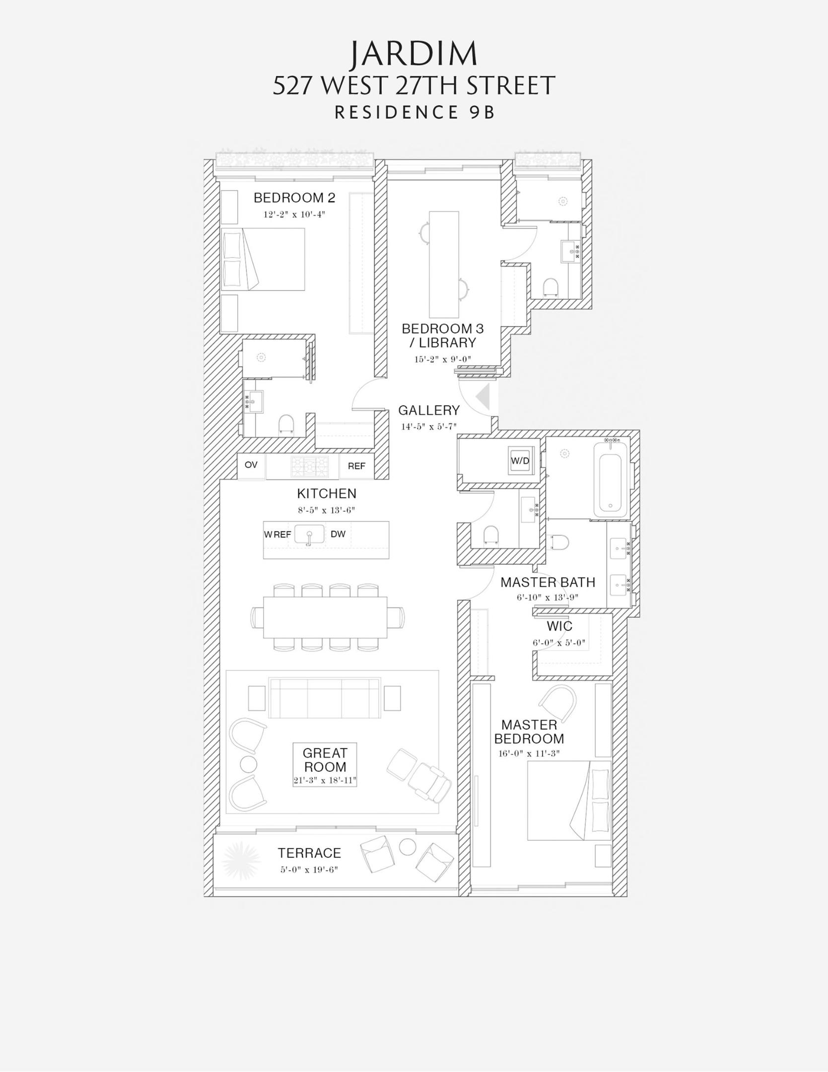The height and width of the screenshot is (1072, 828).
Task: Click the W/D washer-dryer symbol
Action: pos(520,460)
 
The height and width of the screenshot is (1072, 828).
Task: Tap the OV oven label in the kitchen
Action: pos(251,465)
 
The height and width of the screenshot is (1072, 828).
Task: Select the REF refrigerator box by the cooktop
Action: pos(356,466)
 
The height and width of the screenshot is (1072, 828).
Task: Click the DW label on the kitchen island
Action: pos(338,534)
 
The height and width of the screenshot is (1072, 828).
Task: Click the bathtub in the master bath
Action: pos(610,479)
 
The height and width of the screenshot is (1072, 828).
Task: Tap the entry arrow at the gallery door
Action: pos(483,397)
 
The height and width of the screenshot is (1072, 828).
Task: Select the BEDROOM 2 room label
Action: pos(294,198)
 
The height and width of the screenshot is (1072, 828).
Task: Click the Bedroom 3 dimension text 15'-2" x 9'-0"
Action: pos(442,359)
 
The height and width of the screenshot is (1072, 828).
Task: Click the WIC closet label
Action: pos(559,626)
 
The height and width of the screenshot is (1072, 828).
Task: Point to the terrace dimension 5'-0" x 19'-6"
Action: pos(309,870)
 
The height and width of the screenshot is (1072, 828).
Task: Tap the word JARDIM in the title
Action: pos(414,54)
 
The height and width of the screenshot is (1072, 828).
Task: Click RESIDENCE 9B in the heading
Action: pos(414,113)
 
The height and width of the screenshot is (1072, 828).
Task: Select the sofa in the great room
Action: pos(325,698)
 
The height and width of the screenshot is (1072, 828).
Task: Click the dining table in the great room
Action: pos(325,617)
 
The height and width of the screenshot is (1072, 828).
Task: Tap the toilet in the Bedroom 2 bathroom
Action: pos(286,425)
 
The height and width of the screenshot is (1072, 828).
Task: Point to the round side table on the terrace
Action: pos(408,847)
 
